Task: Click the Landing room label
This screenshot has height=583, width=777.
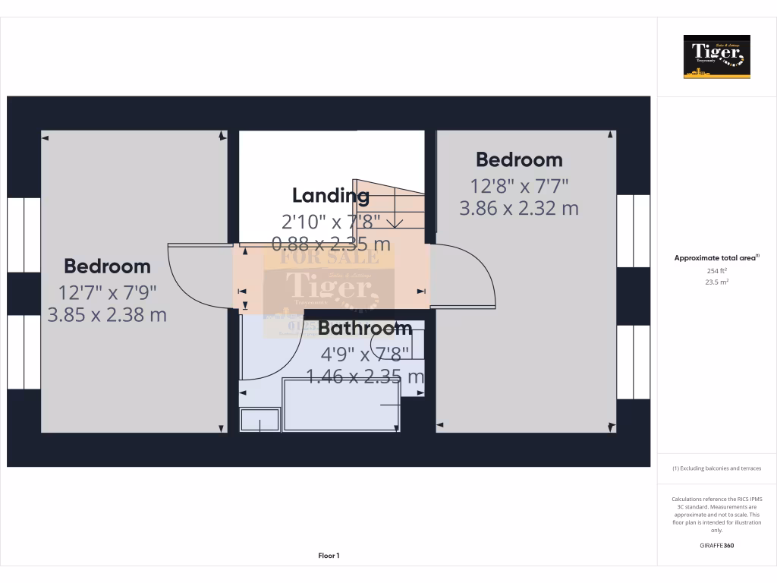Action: (331, 195)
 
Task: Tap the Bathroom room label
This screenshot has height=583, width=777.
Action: (365, 328)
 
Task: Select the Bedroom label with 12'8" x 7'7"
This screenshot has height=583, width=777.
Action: (519, 159)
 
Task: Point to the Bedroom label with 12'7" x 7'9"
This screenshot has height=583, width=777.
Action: (107, 266)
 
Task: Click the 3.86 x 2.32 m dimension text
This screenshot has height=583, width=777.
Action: (519, 208)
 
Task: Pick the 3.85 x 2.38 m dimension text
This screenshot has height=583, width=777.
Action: (107, 314)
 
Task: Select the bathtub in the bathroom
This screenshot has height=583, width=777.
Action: (341, 405)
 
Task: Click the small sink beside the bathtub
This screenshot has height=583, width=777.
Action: (260, 420)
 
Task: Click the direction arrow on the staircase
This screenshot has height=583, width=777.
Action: (394, 222)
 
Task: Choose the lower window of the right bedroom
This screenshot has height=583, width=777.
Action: (633, 361)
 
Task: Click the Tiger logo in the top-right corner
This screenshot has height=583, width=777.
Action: (716, 56)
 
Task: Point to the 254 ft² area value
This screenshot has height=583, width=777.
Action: (716, 270)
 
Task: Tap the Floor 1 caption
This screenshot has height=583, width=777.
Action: (329, 556)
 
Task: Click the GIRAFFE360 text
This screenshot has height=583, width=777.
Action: (716, 545)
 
